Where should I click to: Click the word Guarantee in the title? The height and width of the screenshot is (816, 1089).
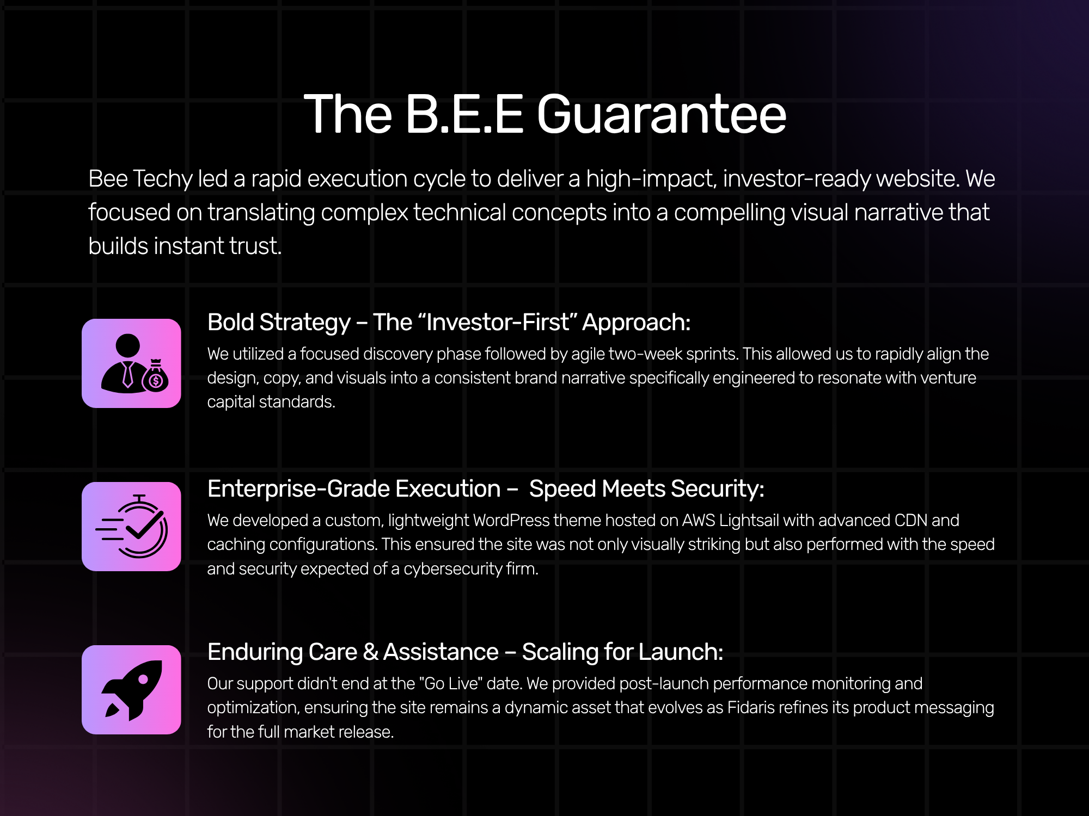click(x=662, y=114)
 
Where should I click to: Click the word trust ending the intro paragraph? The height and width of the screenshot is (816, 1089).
click(x=255, y=246)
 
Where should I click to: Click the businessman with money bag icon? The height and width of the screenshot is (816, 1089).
click(x=131, y=363)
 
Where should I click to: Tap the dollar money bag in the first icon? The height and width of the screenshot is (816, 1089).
click(x=155, y=375)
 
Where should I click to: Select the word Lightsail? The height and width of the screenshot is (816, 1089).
click(x=749, y=521)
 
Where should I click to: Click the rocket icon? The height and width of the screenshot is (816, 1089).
click(x=131, y=690)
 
